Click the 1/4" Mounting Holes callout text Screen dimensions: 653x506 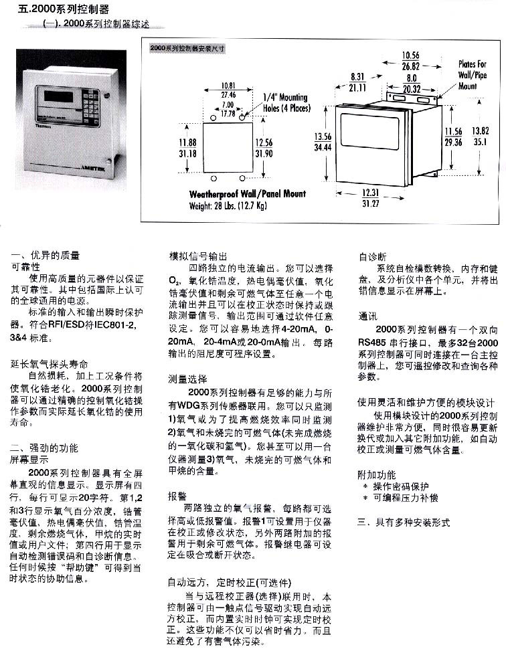pos(284,102)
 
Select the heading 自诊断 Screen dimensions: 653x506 pos(372,256)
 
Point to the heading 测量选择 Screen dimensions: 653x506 pos(187,379)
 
